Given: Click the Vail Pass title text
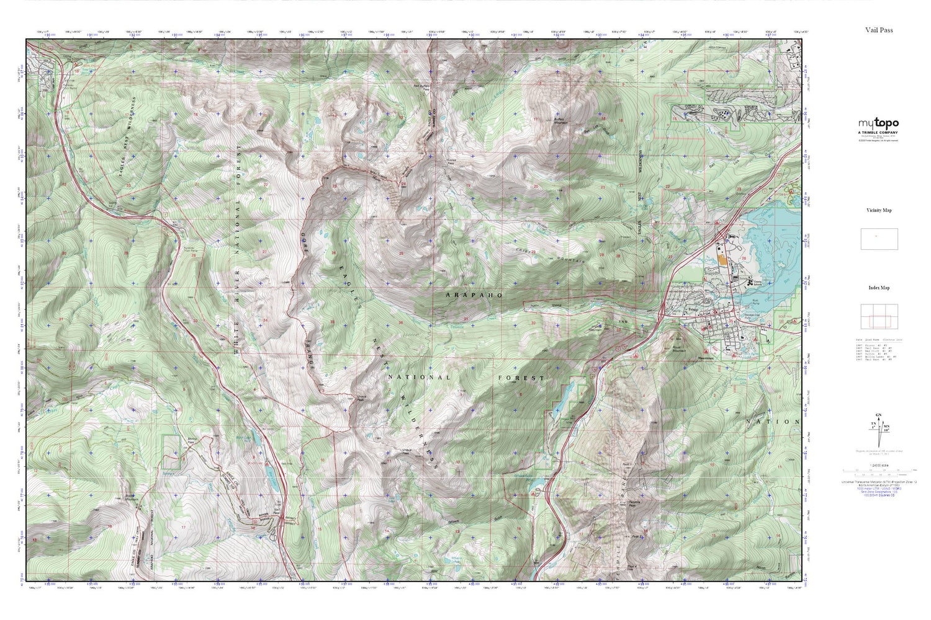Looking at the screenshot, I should tap(879, 30).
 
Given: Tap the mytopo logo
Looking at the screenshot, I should tap(878, 123).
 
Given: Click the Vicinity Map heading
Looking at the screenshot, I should tap(879, 210).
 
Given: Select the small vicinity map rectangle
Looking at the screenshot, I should tap(879, 239).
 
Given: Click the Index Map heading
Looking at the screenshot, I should tap(879, 288).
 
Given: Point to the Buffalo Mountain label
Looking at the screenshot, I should tap(559, 121).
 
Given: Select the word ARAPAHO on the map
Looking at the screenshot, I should tap(474, 295).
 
